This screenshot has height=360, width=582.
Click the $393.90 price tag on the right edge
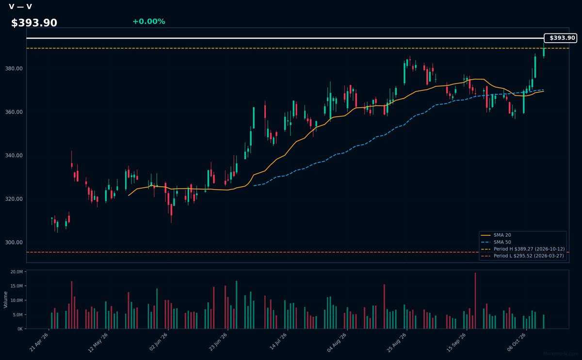(561, 38)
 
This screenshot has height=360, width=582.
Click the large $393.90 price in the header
(34, 23)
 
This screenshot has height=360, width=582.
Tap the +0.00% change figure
(149, 21)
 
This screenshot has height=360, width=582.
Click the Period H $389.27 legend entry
(522, 249)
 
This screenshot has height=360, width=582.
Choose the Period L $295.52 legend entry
(522, 256)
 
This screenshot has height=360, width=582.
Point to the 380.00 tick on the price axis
(14, 68)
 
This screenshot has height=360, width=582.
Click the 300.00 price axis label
(14, 242)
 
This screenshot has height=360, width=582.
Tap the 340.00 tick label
(14, 155)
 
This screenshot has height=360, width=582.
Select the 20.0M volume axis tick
(16, 272)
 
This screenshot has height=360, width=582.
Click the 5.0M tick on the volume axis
(17, 315)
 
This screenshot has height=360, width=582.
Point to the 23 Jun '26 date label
(218, 342)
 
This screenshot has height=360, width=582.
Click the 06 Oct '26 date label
(516, 342)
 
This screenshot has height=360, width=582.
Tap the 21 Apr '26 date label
(39, 342)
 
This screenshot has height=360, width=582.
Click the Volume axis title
(5, 300)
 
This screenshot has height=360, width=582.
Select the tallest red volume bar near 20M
(475, 301)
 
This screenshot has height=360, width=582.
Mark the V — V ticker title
(20, 7)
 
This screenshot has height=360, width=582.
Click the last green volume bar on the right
(544, 322)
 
